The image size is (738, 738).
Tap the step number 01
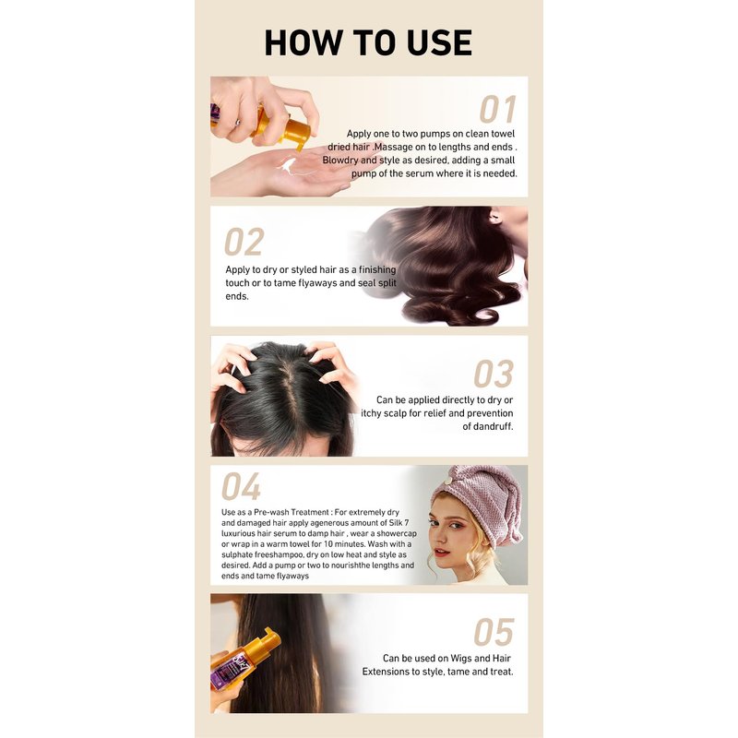pos(497,109)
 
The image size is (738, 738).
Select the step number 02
pos(244,242)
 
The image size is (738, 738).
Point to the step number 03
pos(494,374)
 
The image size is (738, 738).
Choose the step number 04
pos(241,487)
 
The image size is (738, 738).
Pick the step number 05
pos(494,632)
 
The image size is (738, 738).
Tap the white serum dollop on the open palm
pos(287,166)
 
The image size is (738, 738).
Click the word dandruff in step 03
pos(492,426)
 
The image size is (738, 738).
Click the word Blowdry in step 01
pos(339,161)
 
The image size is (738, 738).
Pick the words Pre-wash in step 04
pos(270,512)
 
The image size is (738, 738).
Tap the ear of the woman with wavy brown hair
pos(495,218)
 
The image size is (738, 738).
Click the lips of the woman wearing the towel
pos(441,551)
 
